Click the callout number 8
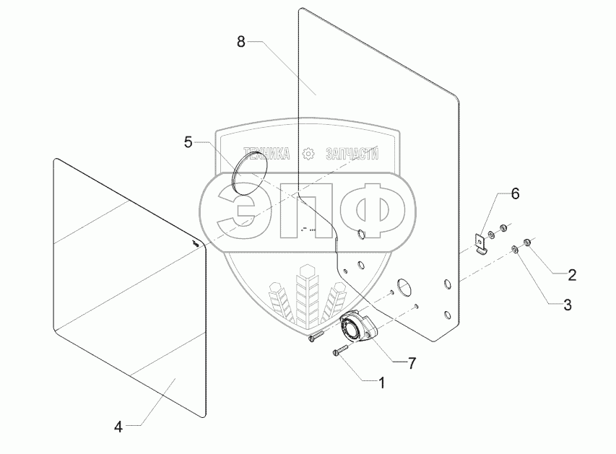(x=241, y=42)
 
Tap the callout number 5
(x=188, y=142)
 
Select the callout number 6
(x=515, y=193)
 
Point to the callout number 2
(x=571, y=274)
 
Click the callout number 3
(x=567, y=305)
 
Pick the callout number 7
(x=412, y=364)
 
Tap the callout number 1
(x=382, y=383)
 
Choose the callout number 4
(x=118, y=425)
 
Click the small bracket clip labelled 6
(x=478, y=242)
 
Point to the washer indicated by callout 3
(x=514, y=250)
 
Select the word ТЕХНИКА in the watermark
(x=266, y=154)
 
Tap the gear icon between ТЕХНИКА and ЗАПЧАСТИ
(x=309, y=154)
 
